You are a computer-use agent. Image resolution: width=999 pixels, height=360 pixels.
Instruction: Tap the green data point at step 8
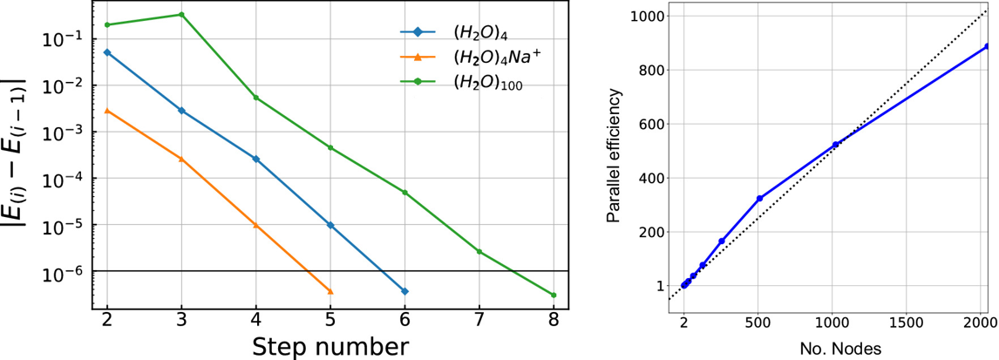(x=554, y=295)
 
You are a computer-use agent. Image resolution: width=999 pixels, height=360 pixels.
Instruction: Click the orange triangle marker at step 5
(x=330, y=291)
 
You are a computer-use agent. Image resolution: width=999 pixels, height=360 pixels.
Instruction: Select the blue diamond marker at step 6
(x=404, y=291)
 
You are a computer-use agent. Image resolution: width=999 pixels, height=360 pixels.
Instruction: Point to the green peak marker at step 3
(x=181, y=15)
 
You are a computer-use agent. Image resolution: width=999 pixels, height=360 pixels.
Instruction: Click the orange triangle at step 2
(x=107, y=111)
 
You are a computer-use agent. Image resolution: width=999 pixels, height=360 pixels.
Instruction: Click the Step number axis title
(x=330, y=345)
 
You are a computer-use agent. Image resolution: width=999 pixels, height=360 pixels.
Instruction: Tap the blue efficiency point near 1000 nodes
(x=835, y=145)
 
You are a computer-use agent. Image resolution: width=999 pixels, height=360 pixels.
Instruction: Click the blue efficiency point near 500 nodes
(x=759, y=199)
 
